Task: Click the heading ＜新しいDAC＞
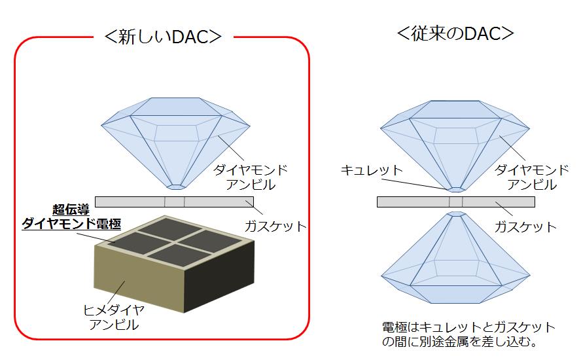(x=163, y=37)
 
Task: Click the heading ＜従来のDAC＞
(x=455, y=33)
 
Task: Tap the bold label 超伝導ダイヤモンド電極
(x=71, y=217)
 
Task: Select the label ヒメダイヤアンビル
(x=113, y=317)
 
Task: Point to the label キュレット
(x=372, y=170)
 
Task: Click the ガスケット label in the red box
(x=275, y=226)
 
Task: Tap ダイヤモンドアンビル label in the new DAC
(x=251, y=177)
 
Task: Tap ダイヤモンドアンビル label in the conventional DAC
(x=532, y=177)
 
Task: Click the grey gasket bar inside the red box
(x=175, y=202)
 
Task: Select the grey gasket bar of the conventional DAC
(x=456, y=202)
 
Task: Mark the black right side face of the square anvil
(x=219, y=277)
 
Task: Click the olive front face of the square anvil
(x=139, y=278)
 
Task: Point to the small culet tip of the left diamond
(x=175, y=187)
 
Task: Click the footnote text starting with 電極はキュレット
(x=468, y=334)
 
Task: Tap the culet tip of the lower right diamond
(x=456, y=213)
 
